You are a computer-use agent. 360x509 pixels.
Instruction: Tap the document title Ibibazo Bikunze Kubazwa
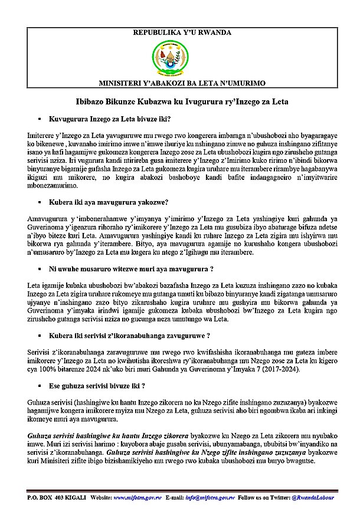[x=180, y=101]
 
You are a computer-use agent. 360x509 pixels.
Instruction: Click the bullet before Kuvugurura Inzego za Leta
[x=38, y=120]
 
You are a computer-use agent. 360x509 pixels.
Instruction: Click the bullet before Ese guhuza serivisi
[x=38, y=386]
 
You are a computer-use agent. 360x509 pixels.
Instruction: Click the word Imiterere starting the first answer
[x=43, y=136]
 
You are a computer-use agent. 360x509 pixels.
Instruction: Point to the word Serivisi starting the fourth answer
[x=41, y=352]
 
